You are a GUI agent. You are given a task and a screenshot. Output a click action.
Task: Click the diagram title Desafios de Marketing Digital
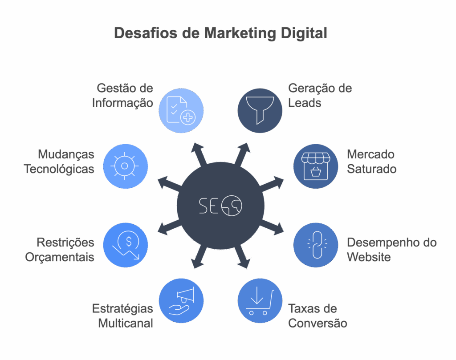point(220,33)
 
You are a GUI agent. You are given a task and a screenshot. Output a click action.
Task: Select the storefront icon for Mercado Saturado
point(316,166)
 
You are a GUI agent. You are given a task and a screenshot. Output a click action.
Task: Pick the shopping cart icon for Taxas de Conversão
point(260,301)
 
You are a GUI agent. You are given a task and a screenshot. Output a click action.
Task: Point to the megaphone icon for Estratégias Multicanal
point(181,301)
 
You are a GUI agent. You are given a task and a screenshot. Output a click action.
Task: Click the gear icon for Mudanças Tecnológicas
point(125,166)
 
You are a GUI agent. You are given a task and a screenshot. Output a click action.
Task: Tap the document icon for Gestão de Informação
point(181,110)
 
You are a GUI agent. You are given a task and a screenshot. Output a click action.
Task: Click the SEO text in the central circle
point(220,206)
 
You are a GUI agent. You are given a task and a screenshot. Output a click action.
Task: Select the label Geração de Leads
point(320,95)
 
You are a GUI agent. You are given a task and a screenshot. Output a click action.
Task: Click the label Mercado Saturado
point(371,162)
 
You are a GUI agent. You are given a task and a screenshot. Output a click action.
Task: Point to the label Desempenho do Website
point(392,250)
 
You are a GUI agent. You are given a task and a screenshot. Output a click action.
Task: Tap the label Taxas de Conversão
point(318,316)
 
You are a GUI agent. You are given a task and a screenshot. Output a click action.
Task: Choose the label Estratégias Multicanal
point(122,316)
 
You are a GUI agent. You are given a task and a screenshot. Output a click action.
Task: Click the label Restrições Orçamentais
point(60,250)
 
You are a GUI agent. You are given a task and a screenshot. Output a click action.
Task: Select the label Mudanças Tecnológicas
point(59,162)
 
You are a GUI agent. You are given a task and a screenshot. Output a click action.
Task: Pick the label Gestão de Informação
point(122,95)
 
